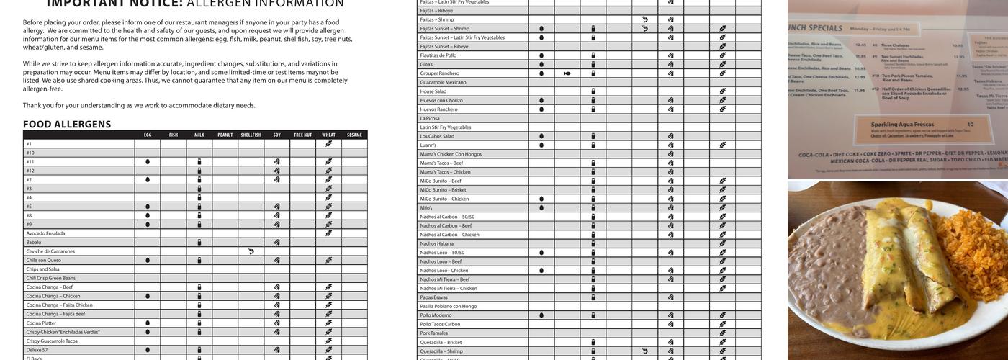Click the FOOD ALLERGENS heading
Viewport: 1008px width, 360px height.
point(67,124)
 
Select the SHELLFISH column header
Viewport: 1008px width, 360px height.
point(251,135)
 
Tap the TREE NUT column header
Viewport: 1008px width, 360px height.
point(302,135)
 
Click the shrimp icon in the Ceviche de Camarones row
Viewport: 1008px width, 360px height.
point(251,251)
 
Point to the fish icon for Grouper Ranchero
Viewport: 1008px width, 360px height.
point(567,73)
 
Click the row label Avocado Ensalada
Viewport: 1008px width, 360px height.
point(45,233)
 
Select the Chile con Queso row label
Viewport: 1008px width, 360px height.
point(44,260)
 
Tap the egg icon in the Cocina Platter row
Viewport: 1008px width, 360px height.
point(148,323)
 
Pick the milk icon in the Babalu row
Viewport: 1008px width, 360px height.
point(199,242)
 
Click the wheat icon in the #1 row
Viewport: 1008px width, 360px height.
point(328,143)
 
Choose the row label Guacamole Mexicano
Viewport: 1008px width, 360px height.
point(444,82)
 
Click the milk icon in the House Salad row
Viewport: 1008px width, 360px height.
point(593,91)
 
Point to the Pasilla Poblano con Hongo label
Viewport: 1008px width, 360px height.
point(449,306)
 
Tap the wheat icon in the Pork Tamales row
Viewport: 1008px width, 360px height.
point(722,333)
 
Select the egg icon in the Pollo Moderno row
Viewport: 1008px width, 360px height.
point(541,315)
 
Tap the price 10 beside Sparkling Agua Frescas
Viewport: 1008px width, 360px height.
point(970,125)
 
